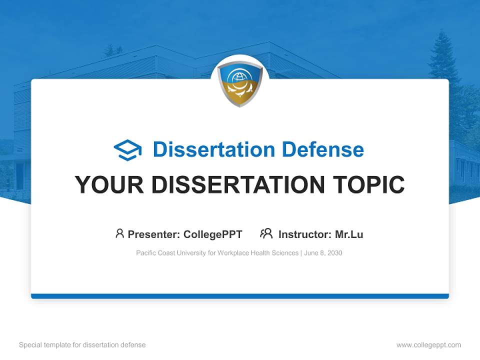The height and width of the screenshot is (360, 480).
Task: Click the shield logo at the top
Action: pyautogui.click(x=240, y=83)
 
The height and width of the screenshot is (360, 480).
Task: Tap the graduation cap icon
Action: pyautogui.click(x=127, y=150)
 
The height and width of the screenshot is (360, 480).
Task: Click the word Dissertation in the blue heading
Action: pyautogui.click(x=214, y=149)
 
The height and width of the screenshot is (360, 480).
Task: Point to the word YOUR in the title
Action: pyautogui.click(x=109, y=185)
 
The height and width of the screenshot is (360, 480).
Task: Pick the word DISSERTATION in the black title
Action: pyautogui.click(x=234, y=185)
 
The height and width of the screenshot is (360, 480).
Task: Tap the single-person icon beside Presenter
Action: pyautogui.click(x=119, y=233)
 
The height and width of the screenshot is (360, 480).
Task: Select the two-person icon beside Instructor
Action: pyautogui.click(x=266, y=233)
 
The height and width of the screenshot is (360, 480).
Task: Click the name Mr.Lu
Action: pyautogui.click(x=348, y=234)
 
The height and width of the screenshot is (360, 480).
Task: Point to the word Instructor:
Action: pyautogui.click(x=304, y=234)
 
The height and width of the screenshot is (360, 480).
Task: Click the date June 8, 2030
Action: pyautogui.click(x=323, y=253)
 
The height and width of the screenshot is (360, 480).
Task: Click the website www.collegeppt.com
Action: pyautogui.click(x=428, y=345)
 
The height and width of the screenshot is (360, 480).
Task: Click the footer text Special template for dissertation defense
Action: pyautogui.click(x=82, y=345)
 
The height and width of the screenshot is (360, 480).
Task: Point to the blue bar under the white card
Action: pyautogui.click(x=240, y=296)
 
